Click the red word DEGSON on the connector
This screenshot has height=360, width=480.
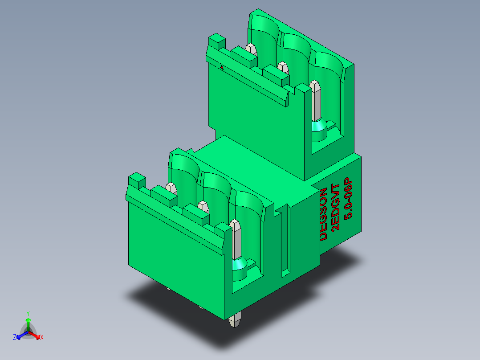point(324,214)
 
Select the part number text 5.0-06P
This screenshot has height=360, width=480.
point(349,199)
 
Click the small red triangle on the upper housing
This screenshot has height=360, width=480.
point(222,67)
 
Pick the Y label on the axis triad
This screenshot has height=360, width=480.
point(28,313)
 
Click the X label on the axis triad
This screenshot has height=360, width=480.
point(42,338)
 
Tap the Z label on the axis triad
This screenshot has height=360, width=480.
point(14,338)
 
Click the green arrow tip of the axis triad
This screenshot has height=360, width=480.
point(28,320)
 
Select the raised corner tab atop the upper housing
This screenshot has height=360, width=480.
point(217,41)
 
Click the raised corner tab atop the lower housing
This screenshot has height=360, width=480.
point(137,180)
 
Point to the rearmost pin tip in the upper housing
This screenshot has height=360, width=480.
point(251,47)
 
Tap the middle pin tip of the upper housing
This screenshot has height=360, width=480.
point(282,66)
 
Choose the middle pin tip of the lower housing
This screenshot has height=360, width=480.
point(203,205)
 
